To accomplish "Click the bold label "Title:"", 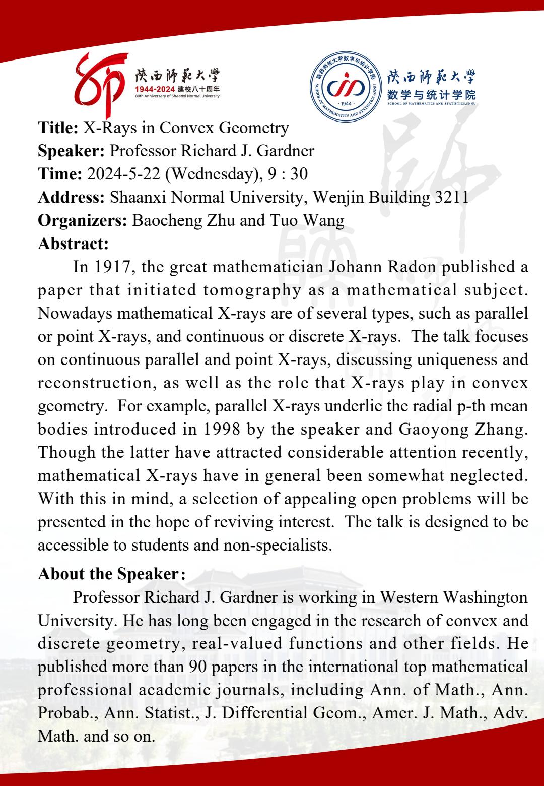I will click(x=58, y=128).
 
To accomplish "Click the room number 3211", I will click(x=451, y=197).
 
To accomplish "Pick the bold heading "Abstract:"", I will click(x=74, y=244).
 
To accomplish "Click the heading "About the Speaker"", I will click(x=108, y=574).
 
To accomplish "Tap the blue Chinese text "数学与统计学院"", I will click(x=431, y=94).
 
